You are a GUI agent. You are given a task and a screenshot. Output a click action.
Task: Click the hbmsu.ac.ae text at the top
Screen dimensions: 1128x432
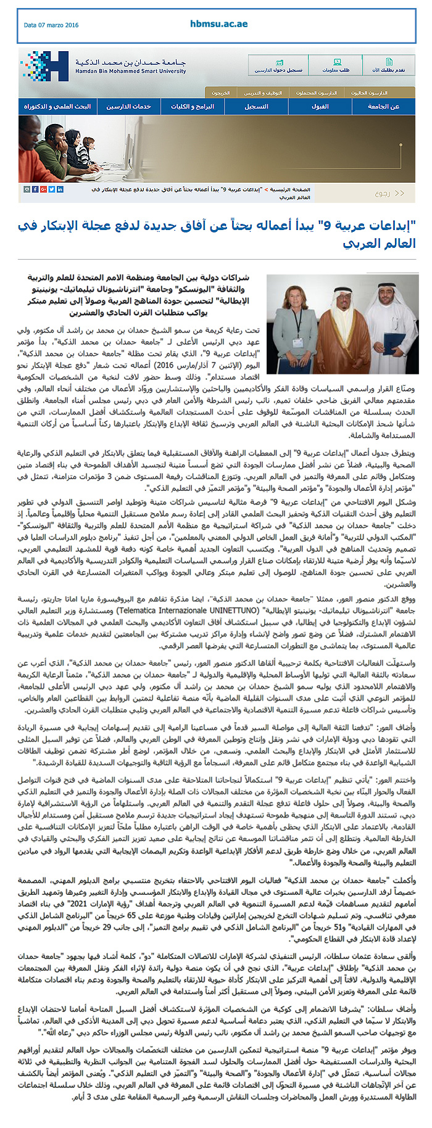[218, 24]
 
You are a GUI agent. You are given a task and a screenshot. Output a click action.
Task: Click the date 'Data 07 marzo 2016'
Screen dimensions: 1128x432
[51, 25]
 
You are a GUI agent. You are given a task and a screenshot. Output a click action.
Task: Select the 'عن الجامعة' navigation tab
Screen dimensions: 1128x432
[383, 107]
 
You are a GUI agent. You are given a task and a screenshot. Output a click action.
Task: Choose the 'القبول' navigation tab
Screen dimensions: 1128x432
[320, 107]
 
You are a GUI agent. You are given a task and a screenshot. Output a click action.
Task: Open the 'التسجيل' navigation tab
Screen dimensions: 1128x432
[256, 107]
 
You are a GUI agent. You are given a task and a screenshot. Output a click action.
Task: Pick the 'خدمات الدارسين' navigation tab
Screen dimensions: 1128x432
[128, 107]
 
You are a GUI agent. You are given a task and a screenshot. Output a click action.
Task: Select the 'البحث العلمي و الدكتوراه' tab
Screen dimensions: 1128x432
[57, 107]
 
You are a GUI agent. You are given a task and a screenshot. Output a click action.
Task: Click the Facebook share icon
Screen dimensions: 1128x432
[35, 189]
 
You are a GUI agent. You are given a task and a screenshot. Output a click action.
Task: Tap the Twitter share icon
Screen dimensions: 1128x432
[52, 189]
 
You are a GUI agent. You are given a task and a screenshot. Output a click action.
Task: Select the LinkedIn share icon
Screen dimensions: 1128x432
[60, 189]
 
